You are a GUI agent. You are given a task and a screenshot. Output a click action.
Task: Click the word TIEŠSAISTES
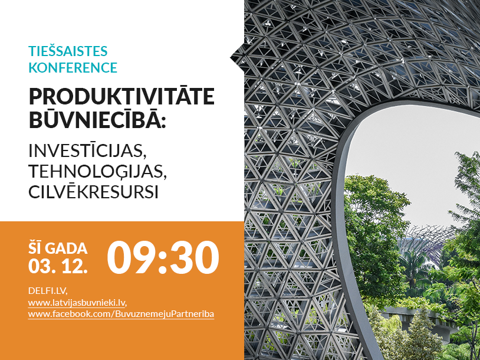(67, 51)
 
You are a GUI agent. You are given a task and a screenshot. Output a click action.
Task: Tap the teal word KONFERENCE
(73, 67)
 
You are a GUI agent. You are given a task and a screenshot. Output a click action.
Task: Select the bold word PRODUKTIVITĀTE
(121, 96)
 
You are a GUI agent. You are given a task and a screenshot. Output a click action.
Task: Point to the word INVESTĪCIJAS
(87, 150)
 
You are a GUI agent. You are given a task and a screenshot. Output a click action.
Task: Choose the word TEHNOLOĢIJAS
(90, 171)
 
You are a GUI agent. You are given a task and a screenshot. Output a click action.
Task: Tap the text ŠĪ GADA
(58, 248)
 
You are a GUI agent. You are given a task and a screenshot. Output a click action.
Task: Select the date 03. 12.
(58, 267)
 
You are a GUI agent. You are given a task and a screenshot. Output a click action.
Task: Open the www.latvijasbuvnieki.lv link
(77, 302)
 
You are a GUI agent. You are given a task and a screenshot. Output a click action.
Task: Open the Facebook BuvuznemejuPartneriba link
(121, 314)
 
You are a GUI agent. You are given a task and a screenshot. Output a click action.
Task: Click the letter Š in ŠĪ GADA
(33, 248)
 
